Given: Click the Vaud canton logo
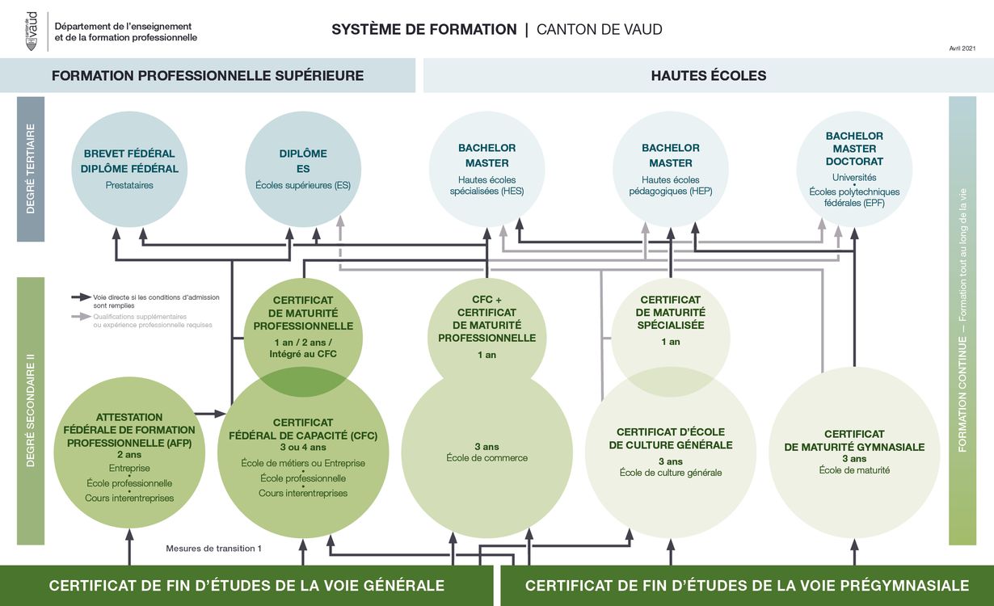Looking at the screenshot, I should pyautogui.click(x=32, y=31).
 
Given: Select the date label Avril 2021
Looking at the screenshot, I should pyautogui.click(x=962, y=48).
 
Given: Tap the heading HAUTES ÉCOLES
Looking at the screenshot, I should pyautogui.click(x=708, y=76).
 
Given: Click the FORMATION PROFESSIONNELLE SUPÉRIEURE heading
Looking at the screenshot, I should pyautogui.click(x=208, y=76).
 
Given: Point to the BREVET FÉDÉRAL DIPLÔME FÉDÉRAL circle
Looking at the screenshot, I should pyautogui.click(x=129, y=169).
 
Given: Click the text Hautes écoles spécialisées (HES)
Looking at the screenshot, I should pyautogui.click(x=486, y=185).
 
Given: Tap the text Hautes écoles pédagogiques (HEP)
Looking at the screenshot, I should pyautogui.click(x=670, y=185).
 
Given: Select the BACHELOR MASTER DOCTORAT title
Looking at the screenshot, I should pyautogui.click(x=854, y=149).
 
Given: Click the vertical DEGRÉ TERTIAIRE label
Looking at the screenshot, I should pyautogui.click(x=31, y=168).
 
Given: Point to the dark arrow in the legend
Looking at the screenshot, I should pyautogui.click(x=81, y=297).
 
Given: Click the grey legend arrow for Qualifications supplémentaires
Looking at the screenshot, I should pyautogui.click(x=81, y=317).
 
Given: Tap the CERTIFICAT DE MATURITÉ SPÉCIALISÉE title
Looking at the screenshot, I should pyautogui.click(x=670, y=312).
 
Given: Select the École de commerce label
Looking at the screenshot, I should pyautogui.click(x=486, y=458).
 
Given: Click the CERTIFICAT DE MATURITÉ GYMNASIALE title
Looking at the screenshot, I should pyautogui.click(x=854, y=440).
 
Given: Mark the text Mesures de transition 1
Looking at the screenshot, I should pyautogui.click(x=213, y=549).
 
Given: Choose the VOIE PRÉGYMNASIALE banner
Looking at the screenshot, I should pyautogui.click(x=746, y=586).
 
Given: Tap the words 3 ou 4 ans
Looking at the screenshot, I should pyautogui.click(x=303, y=448).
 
